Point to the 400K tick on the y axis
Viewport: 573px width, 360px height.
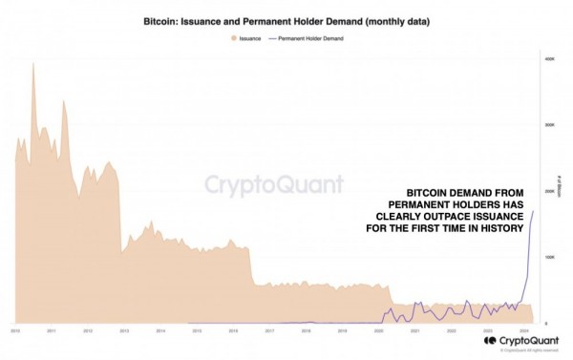click(x=550, y=59)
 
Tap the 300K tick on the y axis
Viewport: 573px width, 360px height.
click(x=550, y=125)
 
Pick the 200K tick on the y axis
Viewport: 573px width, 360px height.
click(x=550, y=191)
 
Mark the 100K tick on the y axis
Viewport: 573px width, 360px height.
click(x=550, y=258)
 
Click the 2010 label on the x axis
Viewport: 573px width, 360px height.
click(x=15, y=331)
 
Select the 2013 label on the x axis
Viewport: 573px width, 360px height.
click(x=123, y=331)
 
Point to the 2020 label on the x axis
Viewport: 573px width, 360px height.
click(x=378, y=331)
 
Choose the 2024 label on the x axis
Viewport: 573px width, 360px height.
click(x=524, y=331)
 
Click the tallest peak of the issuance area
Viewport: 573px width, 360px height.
click(x=33, y=63)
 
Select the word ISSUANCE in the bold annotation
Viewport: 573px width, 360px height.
click(x=486, y=217)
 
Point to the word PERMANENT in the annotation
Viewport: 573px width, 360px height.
click(x=418, y=204)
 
